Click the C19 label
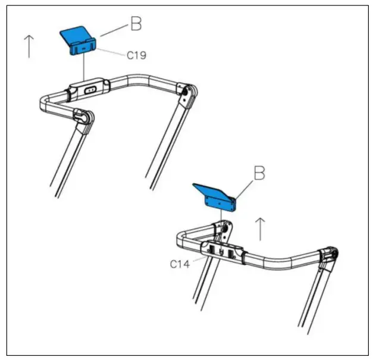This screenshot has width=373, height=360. pyautogui.click(x=136, y=55)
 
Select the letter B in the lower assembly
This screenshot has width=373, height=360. pyautogui.click(x=259, y=174)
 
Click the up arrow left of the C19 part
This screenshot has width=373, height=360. pyautogui.click(x=28, y=46)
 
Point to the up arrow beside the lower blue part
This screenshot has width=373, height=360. pyautogui.click(x=259, y=228)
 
